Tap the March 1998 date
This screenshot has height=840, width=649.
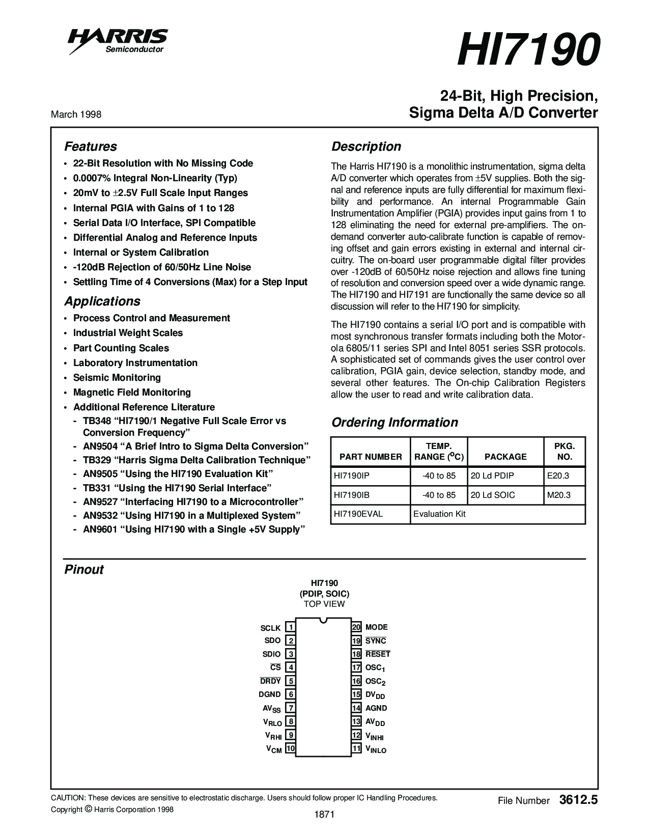76,115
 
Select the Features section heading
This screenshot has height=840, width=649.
91,147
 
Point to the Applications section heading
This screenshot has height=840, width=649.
102,301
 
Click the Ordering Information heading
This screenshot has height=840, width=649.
394,423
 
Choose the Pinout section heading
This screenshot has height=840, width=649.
84,570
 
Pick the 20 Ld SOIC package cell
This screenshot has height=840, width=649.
493,495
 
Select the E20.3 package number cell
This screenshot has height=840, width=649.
558,475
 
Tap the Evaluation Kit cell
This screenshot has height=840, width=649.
439,514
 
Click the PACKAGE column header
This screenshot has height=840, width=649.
505,457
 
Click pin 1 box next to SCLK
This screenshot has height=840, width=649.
290,627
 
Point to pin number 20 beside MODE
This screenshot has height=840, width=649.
356,627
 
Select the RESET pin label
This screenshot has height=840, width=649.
378,654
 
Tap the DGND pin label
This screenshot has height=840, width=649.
270,694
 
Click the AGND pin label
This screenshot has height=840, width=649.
376,708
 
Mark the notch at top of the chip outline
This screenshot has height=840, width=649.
323,621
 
